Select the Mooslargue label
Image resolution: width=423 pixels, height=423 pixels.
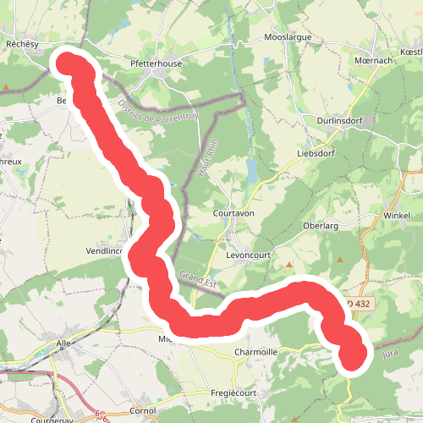[288, 38]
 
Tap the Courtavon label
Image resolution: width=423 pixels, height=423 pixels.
[235, 215]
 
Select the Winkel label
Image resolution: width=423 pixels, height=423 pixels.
[396, 216]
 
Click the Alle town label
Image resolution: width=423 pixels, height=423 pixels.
[63, 343]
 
